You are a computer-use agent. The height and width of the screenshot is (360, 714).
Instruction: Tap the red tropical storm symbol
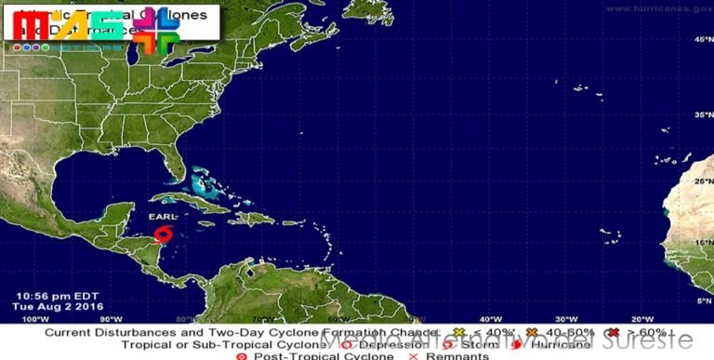pos(164,233)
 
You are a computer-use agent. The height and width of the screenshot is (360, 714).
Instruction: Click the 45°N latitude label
pos(699,40)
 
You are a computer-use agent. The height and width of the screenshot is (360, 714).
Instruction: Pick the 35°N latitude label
pos(699,114)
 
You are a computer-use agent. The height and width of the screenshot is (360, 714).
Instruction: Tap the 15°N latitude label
pos(699,242)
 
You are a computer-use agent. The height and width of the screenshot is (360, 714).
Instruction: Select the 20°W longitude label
pos(641,318)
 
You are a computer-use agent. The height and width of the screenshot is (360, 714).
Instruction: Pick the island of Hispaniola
pos(252,218)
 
